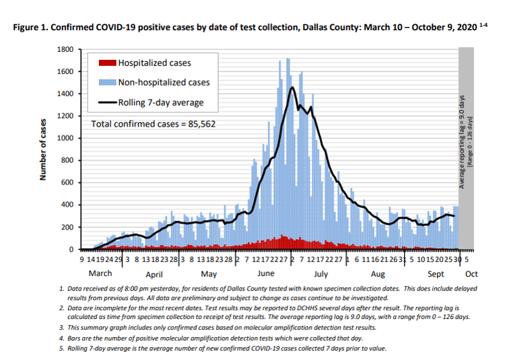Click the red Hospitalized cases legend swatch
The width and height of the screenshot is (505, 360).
107,63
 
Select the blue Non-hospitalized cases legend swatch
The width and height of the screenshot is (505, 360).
107,83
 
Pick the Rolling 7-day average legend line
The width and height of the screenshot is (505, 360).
107,103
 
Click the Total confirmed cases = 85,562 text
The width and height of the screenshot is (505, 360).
154,124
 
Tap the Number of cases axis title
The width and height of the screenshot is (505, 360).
42,149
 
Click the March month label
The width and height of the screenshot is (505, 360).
101,275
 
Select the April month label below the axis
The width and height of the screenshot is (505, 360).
154,275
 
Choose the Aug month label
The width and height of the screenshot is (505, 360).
376,275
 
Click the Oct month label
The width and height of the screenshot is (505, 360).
471,275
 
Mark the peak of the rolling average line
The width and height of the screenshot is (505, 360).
292,87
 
